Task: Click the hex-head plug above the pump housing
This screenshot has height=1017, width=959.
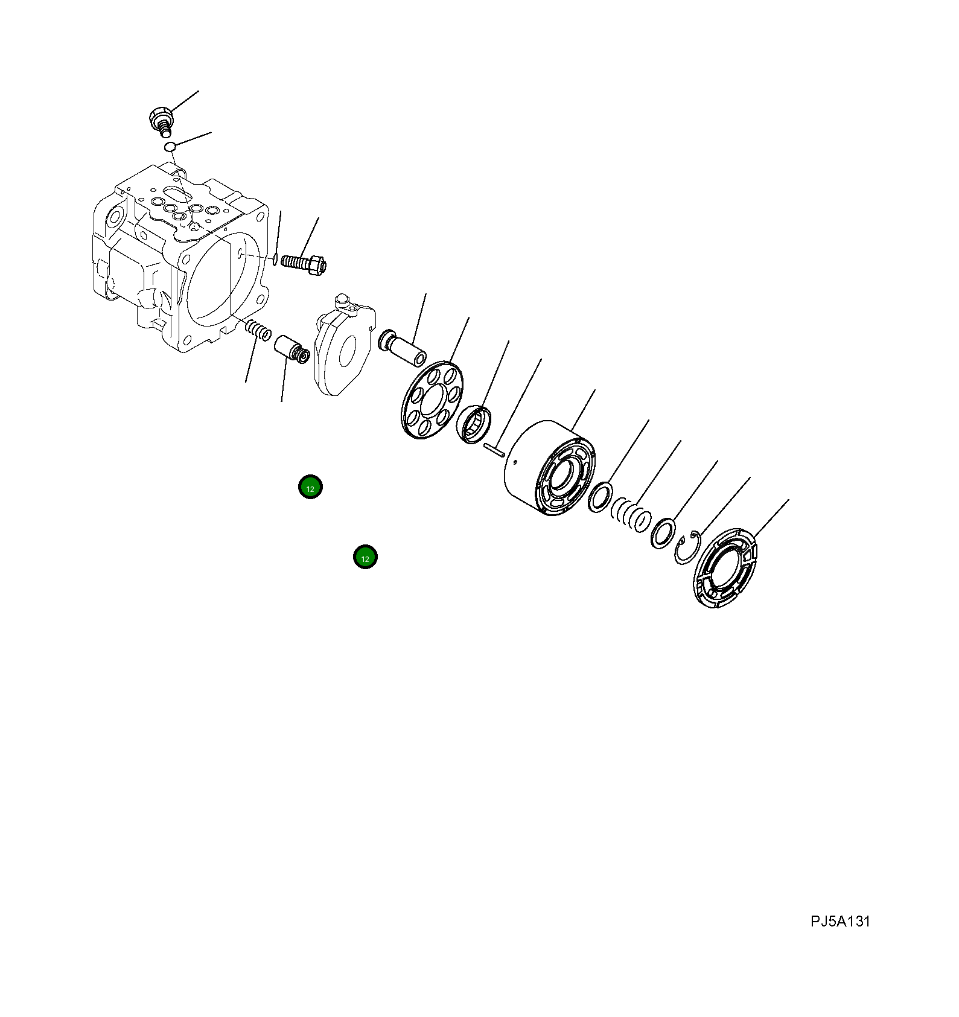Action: click(159, 117)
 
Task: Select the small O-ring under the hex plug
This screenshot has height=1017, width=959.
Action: click(170, 147)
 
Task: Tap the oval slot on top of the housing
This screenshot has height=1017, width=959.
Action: click(175, 193)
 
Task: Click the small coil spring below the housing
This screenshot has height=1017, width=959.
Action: click(258, 330)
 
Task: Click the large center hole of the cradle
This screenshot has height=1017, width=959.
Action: click(347, 351)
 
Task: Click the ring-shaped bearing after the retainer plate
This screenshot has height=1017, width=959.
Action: click(474, 424)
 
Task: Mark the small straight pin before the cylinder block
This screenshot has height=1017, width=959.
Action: click(494, 450)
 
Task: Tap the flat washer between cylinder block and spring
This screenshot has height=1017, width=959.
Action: click(601, 497)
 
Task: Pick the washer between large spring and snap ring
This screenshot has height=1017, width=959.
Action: click(663, 533)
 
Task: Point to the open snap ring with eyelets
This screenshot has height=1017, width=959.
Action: click(687, 547)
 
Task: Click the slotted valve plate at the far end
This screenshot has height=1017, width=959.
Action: click(725, 568)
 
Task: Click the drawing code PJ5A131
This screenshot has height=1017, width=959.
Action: click(840, 922)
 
